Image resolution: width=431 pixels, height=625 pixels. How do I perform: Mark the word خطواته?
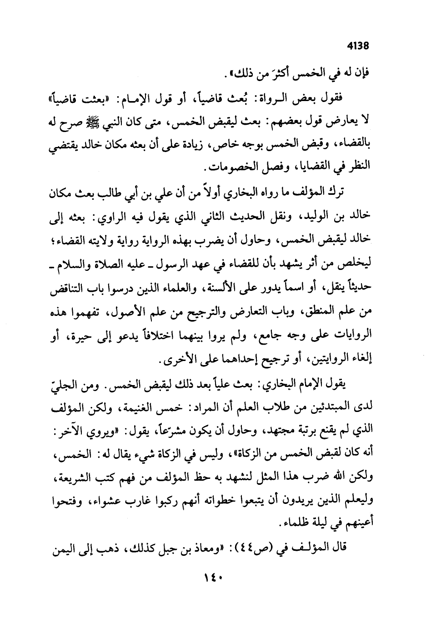[x=241, y=503]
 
